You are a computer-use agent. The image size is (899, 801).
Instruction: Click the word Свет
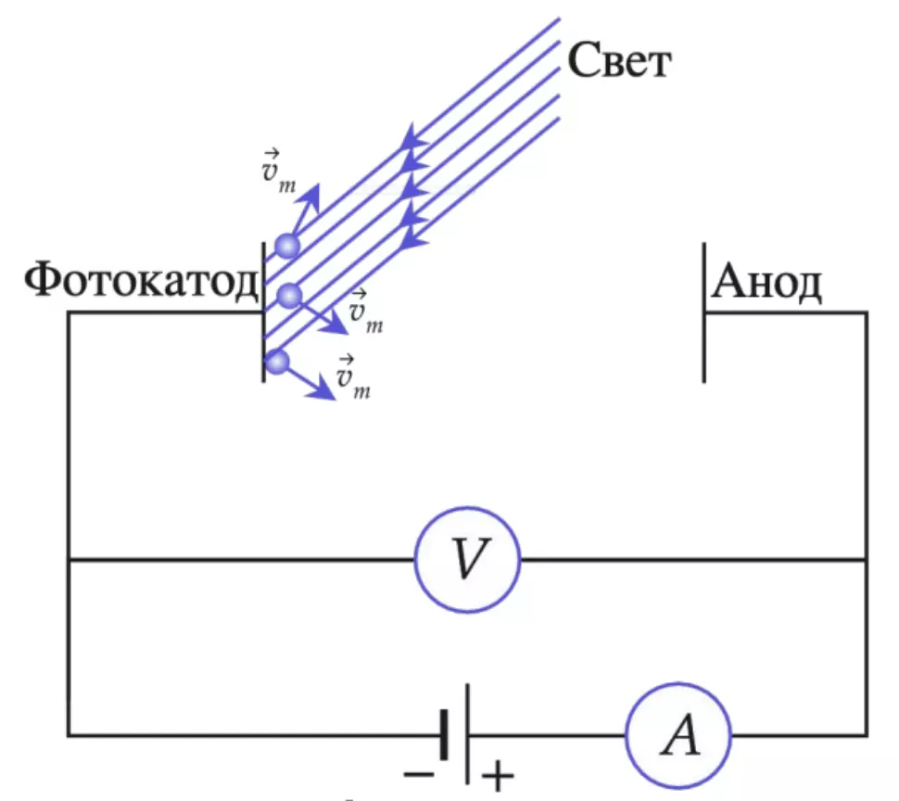click(619, 60)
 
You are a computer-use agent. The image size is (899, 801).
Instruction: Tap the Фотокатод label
click(142, 280)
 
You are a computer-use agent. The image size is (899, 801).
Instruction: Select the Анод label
click(766, 281)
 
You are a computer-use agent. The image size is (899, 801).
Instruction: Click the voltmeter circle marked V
click(467, 560)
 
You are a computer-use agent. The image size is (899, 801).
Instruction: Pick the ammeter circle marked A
click(678, 735)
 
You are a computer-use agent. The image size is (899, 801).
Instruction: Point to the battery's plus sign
click(498, 776)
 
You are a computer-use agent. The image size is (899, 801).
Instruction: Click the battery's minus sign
click(419, 775)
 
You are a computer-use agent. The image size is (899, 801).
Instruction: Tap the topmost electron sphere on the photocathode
click(287, 246)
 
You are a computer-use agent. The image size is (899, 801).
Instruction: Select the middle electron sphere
click(289, 296)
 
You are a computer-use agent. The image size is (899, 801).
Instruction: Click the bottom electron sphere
click(277, 362)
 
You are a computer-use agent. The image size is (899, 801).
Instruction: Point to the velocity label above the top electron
click(279, 171)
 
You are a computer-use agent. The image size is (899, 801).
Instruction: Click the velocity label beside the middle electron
click(365, 311)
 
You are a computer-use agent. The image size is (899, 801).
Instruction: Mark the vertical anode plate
click(704, 312)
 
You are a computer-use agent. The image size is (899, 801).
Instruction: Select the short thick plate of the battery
click(444, 735)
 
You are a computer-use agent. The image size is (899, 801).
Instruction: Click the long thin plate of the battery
click(468, 733)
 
